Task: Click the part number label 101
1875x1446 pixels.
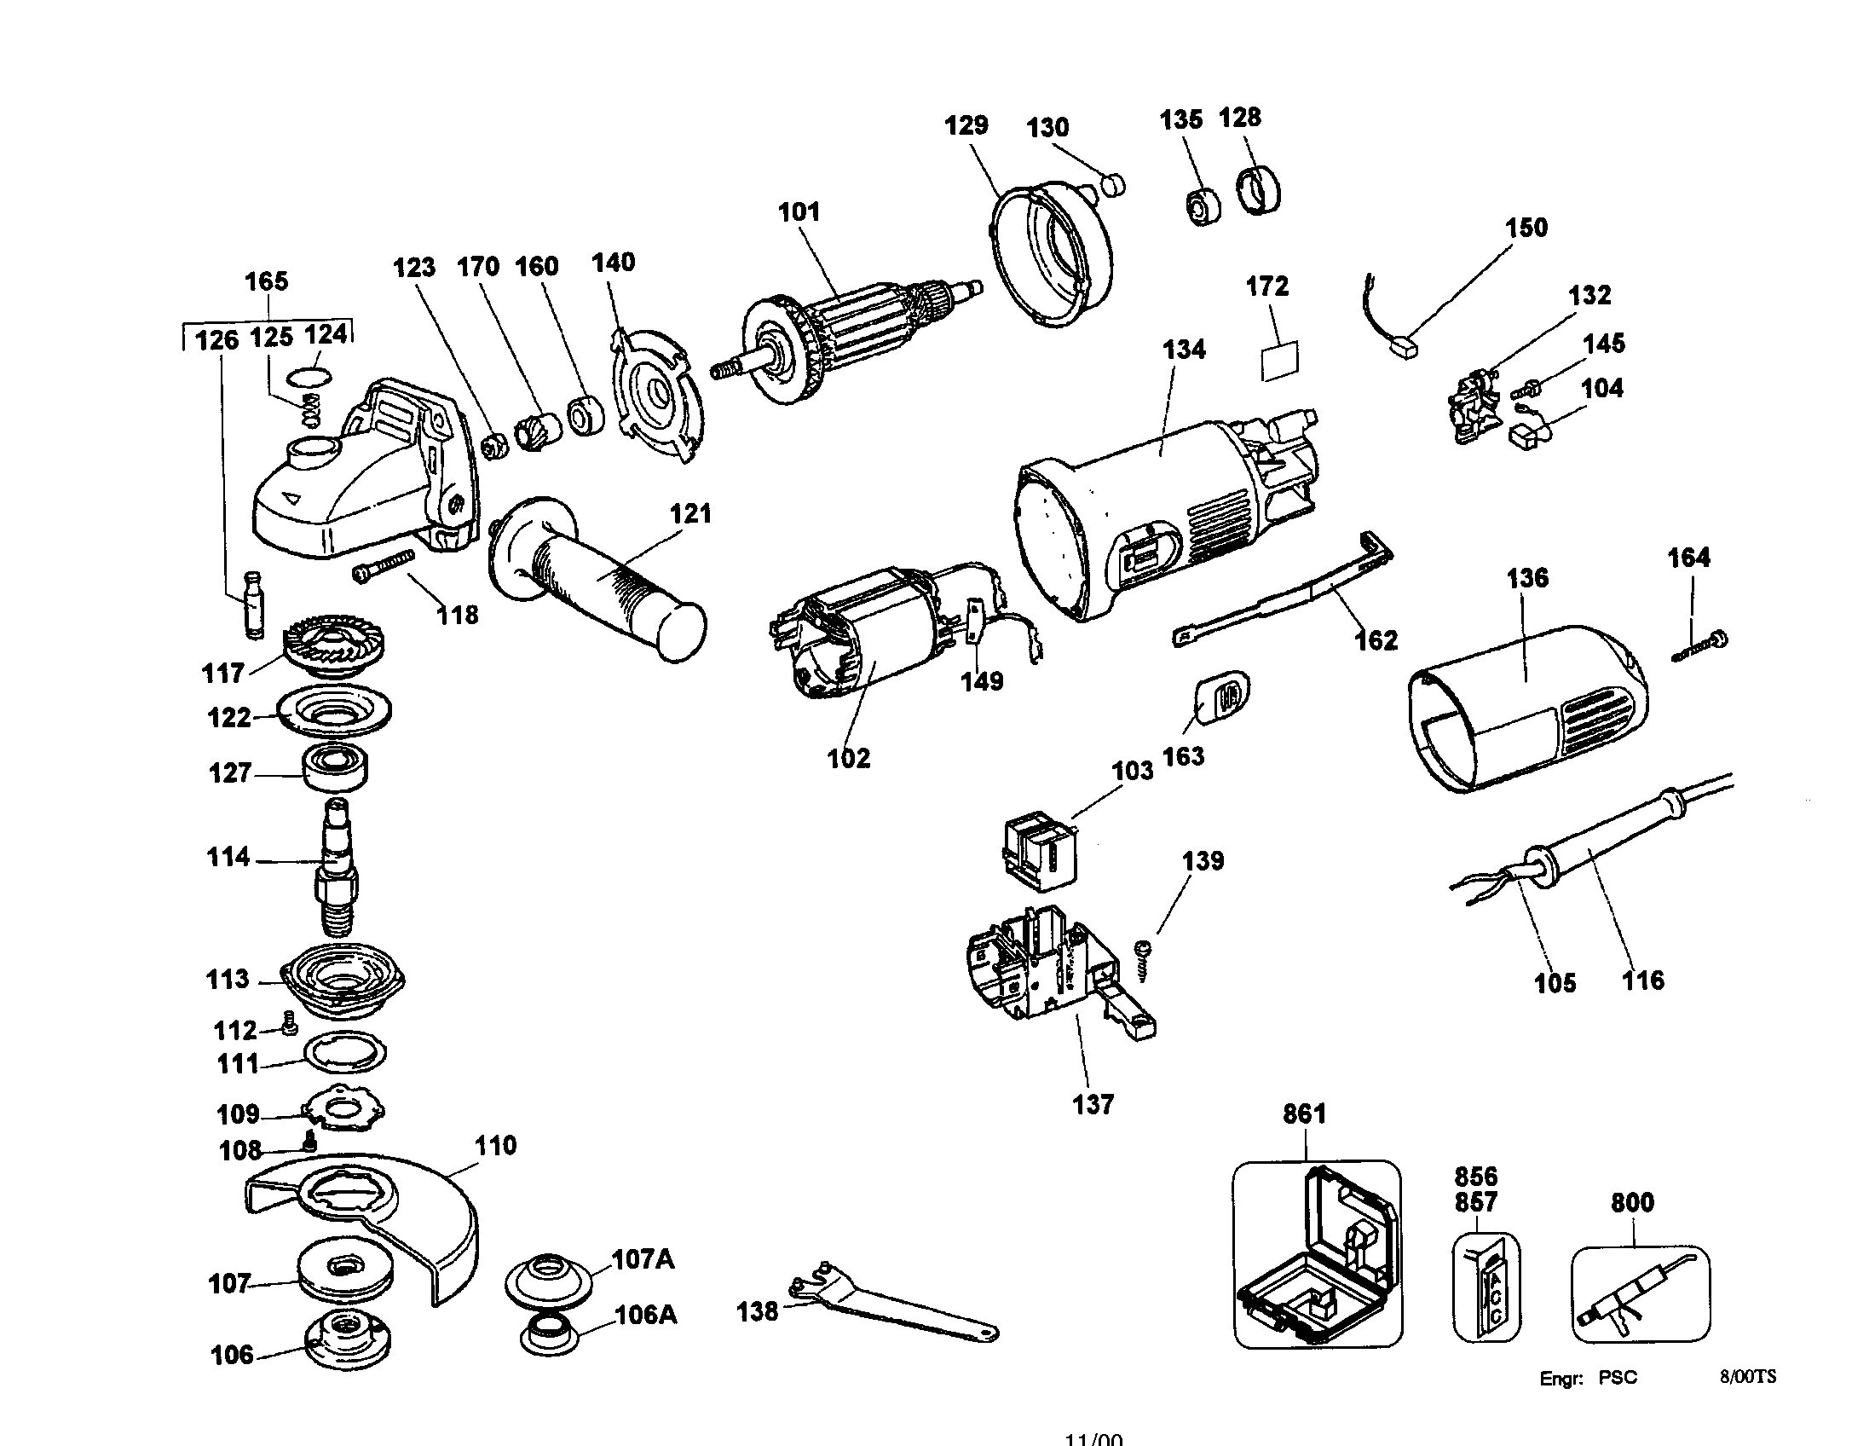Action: (799, 212)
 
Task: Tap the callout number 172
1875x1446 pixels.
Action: (1267, 286)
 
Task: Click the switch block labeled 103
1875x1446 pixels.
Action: (1040, 849)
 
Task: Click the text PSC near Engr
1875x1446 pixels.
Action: (1618, 1378)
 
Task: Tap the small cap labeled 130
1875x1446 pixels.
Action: (1114, 183)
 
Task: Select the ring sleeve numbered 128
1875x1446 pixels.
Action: (1260, 193)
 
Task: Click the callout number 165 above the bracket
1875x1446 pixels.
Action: (266, 281)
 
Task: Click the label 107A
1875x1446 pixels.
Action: (642, 1259)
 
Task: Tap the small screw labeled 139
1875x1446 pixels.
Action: (1143, 958)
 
